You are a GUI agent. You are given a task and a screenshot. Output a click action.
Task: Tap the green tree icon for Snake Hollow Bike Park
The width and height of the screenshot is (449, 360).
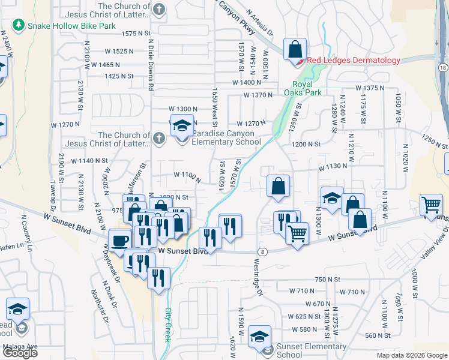(x=19, y=26)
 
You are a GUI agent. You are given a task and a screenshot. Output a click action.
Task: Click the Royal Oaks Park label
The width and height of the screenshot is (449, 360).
(x=307, y=88)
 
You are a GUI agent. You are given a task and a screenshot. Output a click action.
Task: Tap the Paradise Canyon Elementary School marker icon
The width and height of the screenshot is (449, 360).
(x=182, y=126)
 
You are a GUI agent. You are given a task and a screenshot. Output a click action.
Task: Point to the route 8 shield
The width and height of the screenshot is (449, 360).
(x=262, y=251)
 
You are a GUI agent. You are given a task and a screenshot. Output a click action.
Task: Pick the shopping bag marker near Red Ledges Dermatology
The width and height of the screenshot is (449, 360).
(x=295, y=50)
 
